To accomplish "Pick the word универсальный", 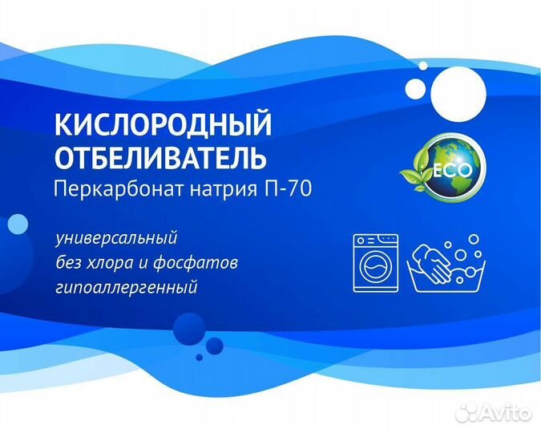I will tap(117, 240).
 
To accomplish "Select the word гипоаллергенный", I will tap(127, 287).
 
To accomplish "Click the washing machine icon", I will tap(375, 261).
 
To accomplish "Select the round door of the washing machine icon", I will tap(375, 266).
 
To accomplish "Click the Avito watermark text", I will tap(508, 414).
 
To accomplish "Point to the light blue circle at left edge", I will tap(16, 225).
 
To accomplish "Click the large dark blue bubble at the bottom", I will tap(190, 330).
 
